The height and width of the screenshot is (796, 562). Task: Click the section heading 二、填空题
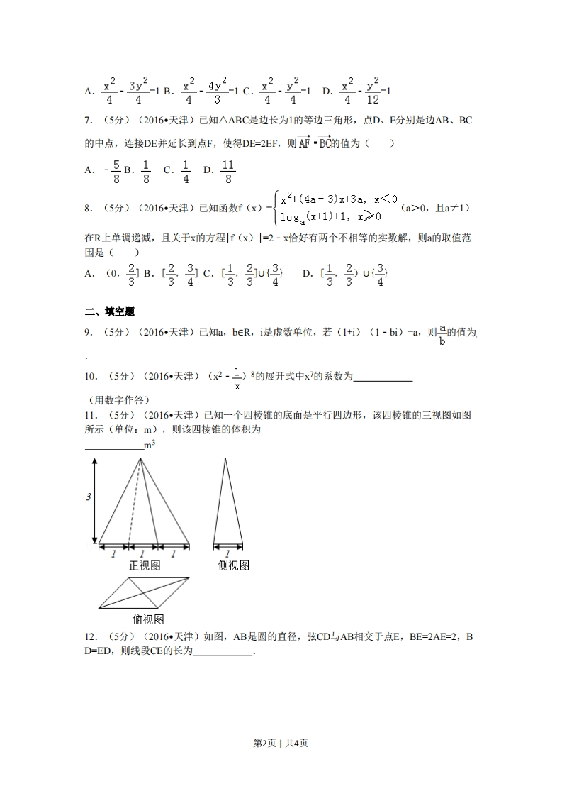109,311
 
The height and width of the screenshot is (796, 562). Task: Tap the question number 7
88,120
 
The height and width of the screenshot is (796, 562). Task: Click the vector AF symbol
303,143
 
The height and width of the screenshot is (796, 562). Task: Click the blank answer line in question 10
383,380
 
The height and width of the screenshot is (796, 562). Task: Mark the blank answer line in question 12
223,654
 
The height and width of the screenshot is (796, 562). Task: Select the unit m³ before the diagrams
150,446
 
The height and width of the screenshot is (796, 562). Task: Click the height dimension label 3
89,497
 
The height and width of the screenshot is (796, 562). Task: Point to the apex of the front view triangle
140,459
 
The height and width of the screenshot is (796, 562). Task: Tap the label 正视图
144,565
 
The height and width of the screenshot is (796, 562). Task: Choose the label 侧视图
233,565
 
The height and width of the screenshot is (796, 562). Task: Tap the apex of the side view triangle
226,459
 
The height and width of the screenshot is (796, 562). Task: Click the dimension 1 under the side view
227,554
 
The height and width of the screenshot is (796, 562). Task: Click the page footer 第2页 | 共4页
281,743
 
